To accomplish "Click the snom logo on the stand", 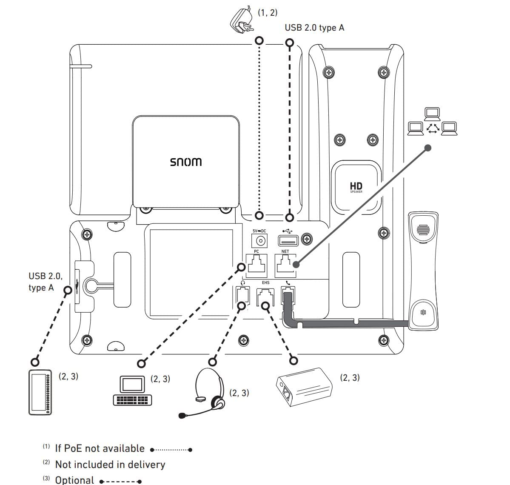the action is point(186,162).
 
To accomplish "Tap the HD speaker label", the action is point(356,187).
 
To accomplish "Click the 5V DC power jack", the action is point(259,241).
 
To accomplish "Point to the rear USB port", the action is point(288,241).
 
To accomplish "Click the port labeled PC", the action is point(257,265).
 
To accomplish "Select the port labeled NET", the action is point(285,265).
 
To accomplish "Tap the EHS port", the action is point(265,297).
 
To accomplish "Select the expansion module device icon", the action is point(40,392).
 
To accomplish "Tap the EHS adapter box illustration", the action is point(304,386).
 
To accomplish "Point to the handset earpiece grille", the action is point(422,230).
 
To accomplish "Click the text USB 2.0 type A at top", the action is point(314,28).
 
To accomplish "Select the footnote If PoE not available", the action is point(100,448).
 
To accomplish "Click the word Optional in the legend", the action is point(74,480).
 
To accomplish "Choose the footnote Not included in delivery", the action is point(110,465).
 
